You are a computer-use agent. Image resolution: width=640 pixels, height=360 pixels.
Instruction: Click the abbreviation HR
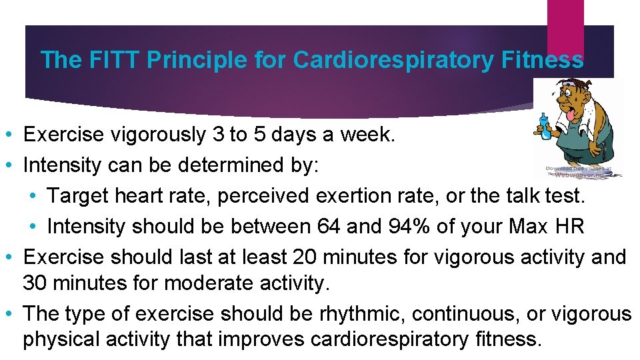tap(569, 226)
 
